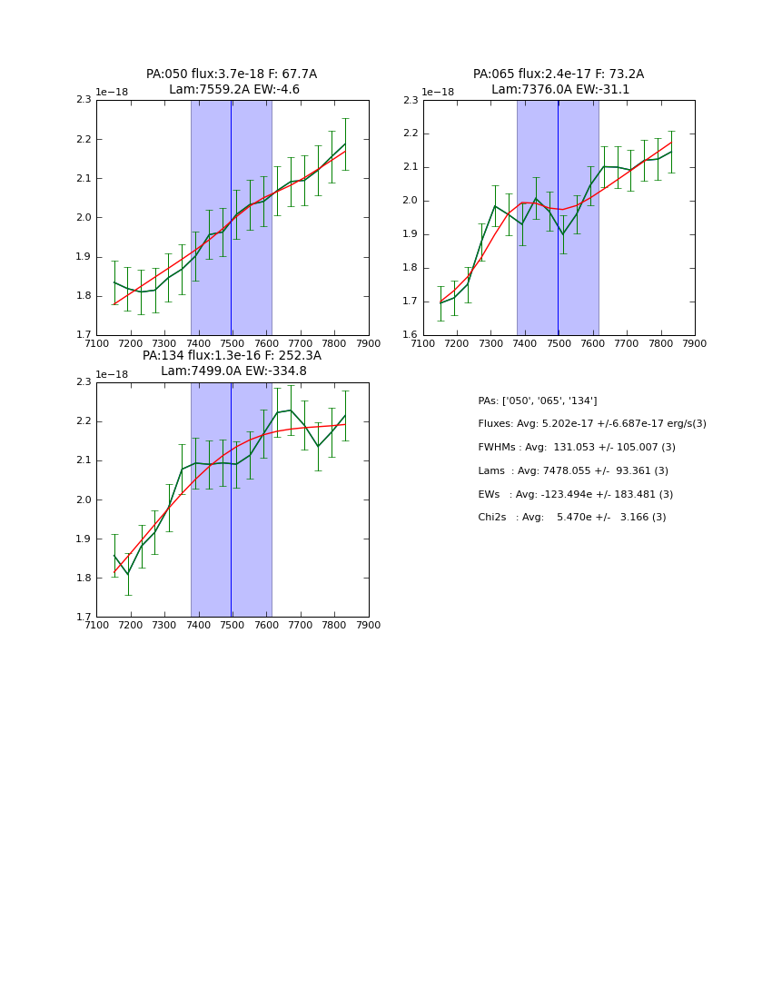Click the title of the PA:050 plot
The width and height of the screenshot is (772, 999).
(x=232, y=82)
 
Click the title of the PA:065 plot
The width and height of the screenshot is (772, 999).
(x=559, y=82)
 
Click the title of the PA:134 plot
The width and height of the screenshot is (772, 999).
(x=232, y=363)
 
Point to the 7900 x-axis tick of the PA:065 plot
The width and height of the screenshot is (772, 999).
(x=695, y=343)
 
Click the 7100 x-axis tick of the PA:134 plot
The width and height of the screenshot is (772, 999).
(x=96, y=625)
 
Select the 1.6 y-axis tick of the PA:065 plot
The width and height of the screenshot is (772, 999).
(x=411, y=335)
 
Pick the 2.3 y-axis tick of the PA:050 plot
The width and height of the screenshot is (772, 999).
(x=84, y=100)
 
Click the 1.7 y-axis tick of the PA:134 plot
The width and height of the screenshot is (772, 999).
(x=84, y=617)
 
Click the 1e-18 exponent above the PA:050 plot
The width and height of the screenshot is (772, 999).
(x=112, y=92)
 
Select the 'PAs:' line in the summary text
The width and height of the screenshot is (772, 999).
(x=538, y=401)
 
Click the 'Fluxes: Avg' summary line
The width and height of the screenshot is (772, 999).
(x=592, y=424)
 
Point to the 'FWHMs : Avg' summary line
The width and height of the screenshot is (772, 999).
(x=577, y=448)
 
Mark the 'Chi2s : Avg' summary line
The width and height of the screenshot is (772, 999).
(x=572, y=518)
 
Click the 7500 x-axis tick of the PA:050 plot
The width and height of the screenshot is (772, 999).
(x=233, y=343)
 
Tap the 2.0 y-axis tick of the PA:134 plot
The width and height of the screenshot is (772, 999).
(x=84, y=499)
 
